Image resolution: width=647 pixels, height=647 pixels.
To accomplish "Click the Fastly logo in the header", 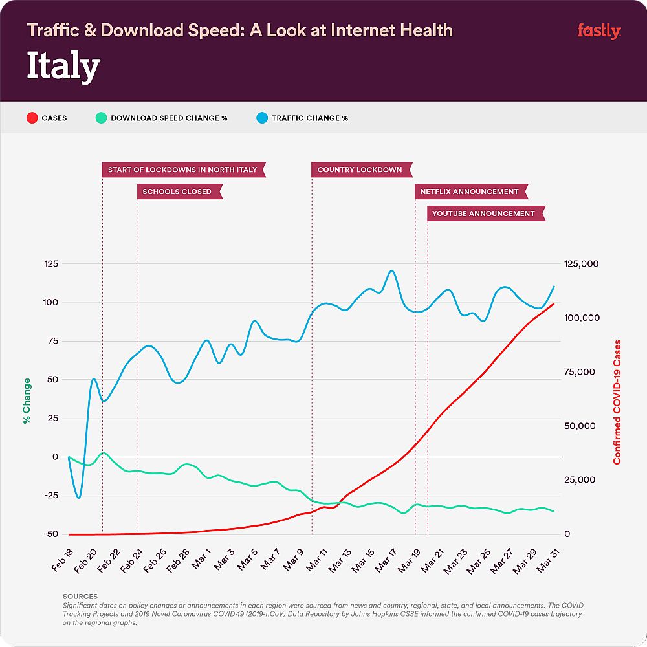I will (x=598, y=30).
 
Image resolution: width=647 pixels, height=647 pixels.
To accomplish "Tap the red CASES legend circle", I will (x=30, y=118).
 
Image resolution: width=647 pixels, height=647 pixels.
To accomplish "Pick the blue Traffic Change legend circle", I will (x=261, y=118).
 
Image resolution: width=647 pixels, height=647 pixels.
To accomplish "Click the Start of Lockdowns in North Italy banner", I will (x=182, y=170).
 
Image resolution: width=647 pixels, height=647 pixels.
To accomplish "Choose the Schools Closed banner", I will (x=177, y=192).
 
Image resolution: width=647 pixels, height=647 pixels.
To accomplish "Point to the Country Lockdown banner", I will (x=360, y=170).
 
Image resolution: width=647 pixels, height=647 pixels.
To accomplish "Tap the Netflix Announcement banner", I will (x=470, y=192).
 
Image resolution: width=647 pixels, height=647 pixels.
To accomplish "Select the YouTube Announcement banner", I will (x=484, y=213).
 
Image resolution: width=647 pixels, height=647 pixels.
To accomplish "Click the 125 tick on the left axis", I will (x=50, y=264).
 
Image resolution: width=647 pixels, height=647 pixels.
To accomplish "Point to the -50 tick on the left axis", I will (x=51, y=534).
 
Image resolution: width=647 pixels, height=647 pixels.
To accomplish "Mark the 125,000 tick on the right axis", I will (x=581, y=264).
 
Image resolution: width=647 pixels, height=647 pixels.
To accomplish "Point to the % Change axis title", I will (x=27, y=401).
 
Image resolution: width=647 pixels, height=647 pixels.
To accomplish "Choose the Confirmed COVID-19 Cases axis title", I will (x=617, y=401).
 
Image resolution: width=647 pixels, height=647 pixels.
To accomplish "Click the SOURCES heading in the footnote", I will (x=80, y=596).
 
